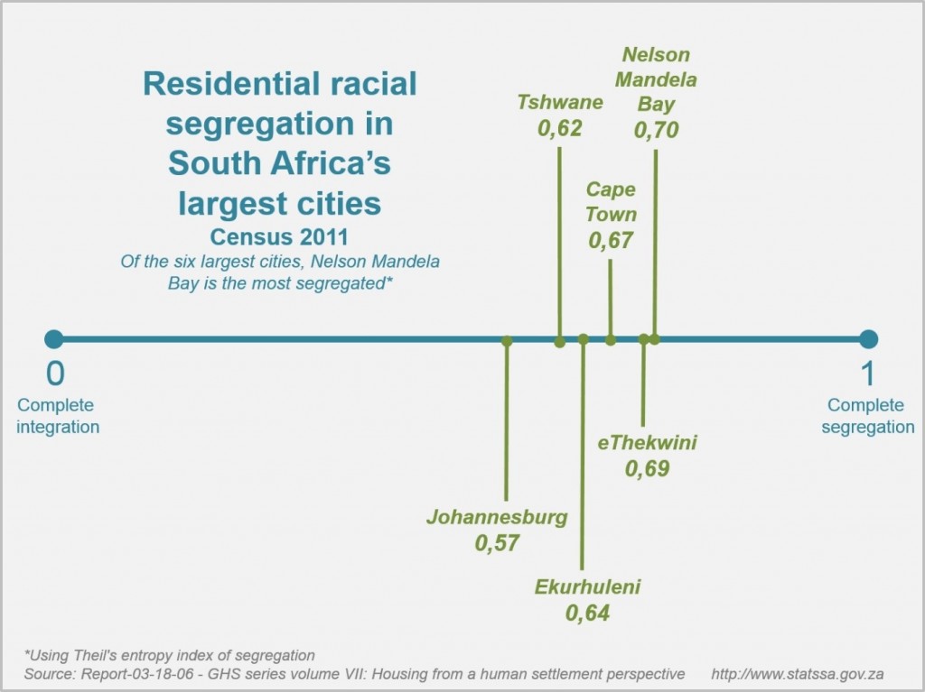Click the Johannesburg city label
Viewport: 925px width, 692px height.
pyautogui.click(x=497, y=518)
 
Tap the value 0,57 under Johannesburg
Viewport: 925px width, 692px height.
pyautogui.click(x=497, y=543)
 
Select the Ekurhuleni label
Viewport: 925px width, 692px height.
pyautogui.click(x=587, y=587)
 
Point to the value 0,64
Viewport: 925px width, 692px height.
pyautogui.click(x=587, y=614)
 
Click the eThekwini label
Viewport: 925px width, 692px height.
pyautogui.click(x=648, y=443)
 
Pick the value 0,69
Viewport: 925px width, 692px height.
pyautogui.click(x=647, y=469)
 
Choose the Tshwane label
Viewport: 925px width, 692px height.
pyautogui.click(x=559, y=102)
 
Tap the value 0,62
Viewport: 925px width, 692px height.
pyautogui.click(x=559, y=128)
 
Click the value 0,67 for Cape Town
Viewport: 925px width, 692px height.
pyautogui.click(x=611, y=241)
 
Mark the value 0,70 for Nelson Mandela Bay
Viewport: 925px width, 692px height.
pyautogui.click(x=656, y=130)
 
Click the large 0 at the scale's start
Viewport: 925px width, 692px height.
pyautogui.click(x=55, y=373)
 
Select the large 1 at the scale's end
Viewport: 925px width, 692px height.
pyautogui.click(x=868, y=373)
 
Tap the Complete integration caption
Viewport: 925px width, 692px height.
pyautogui.click(x=56, y=416)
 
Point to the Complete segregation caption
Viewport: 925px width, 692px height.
pyautogui.click(x=868, y=416)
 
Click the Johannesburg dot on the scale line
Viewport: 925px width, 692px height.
pyautogui.click(x=507, y=341)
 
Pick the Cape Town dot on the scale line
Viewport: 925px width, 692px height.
pyautogui.click(x=611, y=340)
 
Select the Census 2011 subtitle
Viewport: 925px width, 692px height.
pyautogui.click(x=280, y=237)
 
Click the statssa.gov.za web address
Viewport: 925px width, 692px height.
pyautogui.click(x=798, y=674)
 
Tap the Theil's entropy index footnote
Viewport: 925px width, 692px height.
pyautogui.click(x=170, y=655)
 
